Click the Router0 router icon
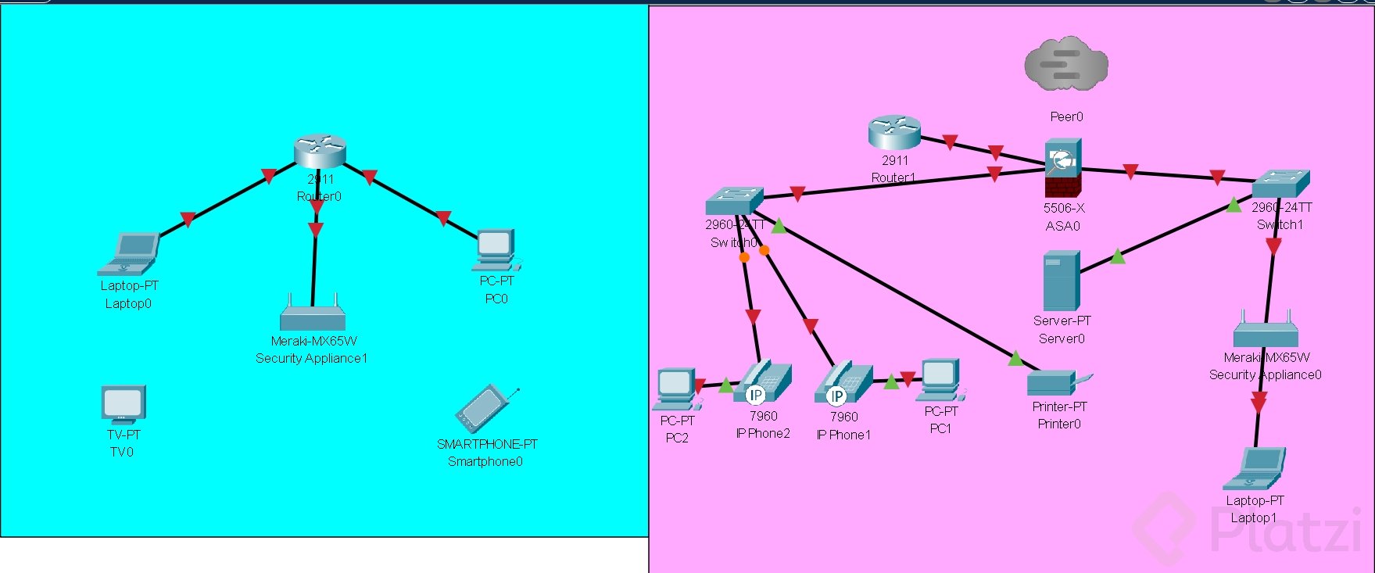click(x=320, y=151)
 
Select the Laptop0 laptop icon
click(x=129, y=254)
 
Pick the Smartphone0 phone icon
click(x=487, y=408)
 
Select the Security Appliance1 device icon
click(x=313, y=315)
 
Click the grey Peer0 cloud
click(x=1066, y=65)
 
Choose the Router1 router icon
click(x=894, y=133)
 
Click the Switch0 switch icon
click(x=733, y=201)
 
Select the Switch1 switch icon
click(x=1280, y=184)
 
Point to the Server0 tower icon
click(x=1062, y=281)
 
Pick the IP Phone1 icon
click(x=843, y=384)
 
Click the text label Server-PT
click(x=1062, y=321)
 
